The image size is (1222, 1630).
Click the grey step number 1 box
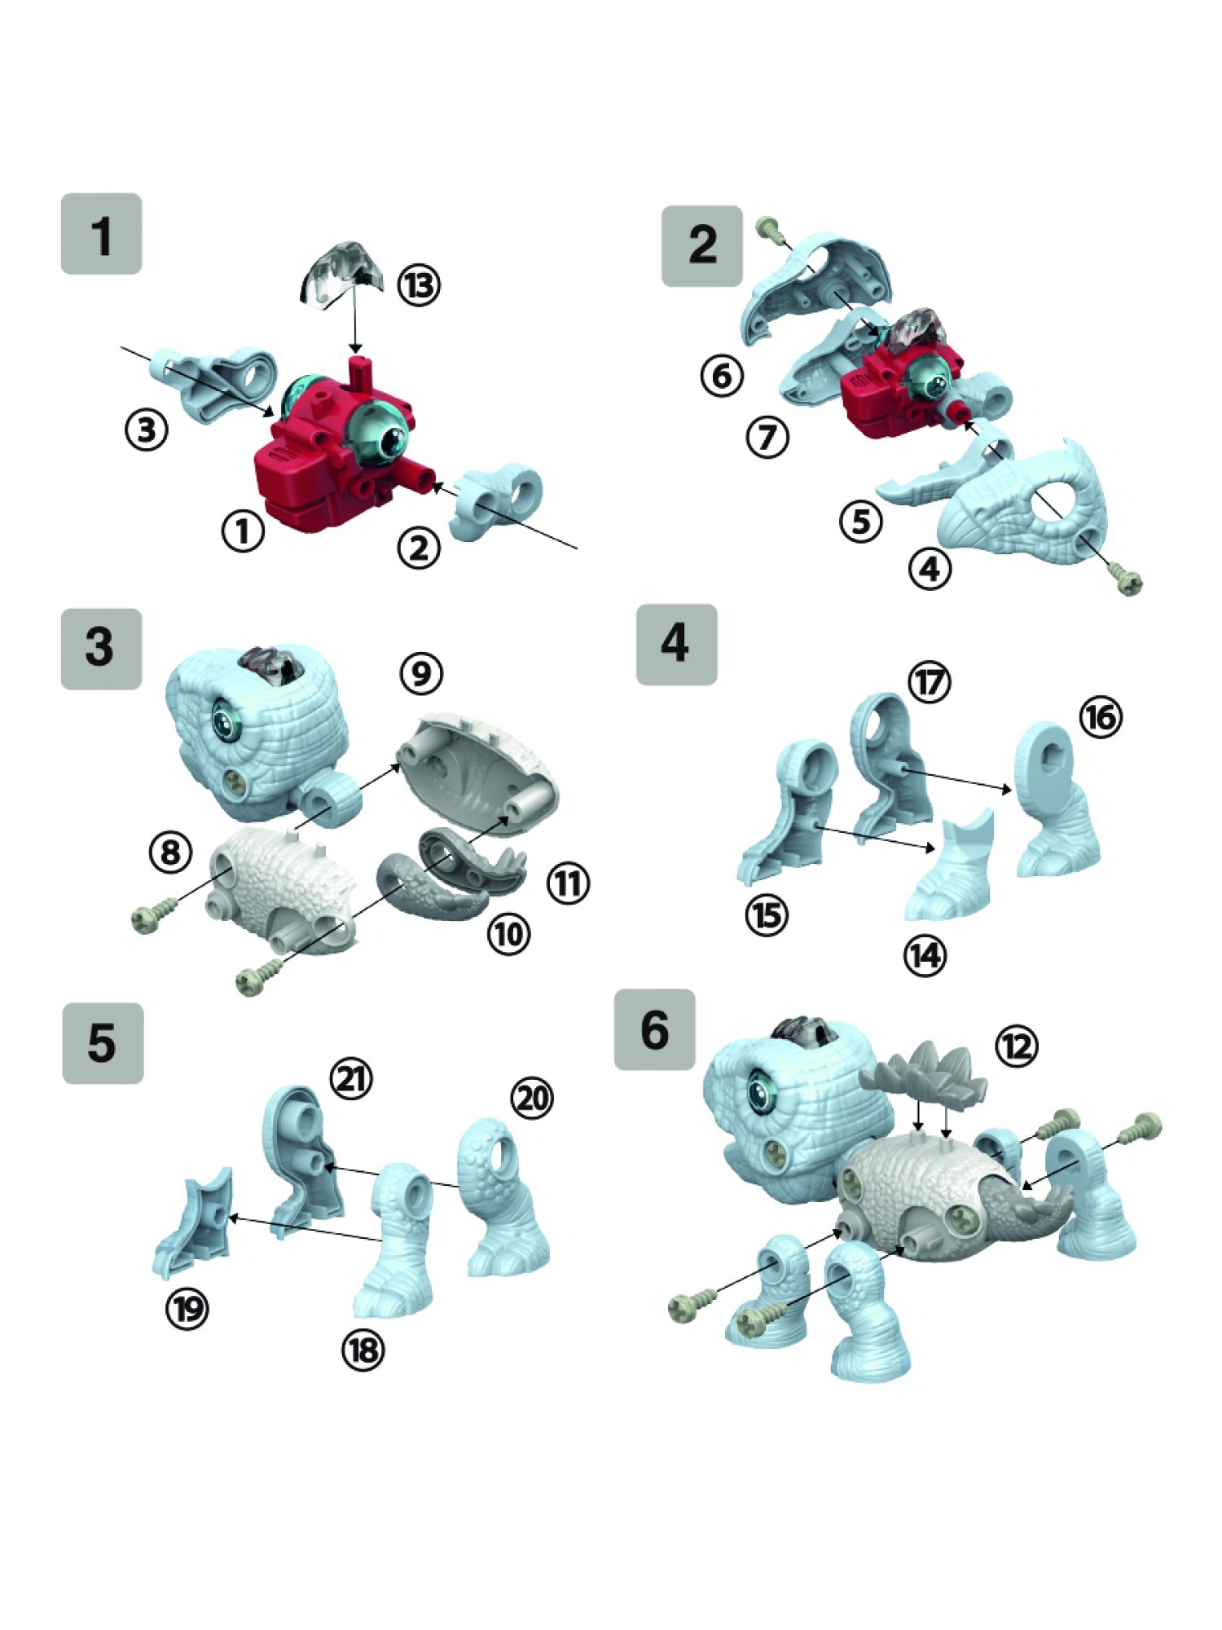(x=101, y=234)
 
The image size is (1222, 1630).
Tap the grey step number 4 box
(x=676, y=645)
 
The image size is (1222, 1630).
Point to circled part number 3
(x=147, y=429)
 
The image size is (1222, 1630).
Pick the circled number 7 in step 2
(x=767, y=438)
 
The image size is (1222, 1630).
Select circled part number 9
(x=421, y=673)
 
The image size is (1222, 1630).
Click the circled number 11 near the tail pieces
(x=568, y=883)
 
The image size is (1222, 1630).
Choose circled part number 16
(x=1101, y=717)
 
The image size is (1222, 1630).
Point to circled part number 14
(x=925, y=954)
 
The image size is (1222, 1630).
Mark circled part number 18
(x=363, y=1350)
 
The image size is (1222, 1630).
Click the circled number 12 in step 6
(x=1017, y=1046)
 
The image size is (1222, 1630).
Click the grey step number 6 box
(x=654, y=1029)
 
